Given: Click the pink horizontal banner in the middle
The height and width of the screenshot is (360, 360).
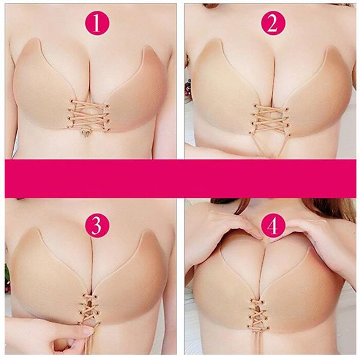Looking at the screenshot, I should [x=180, y=179].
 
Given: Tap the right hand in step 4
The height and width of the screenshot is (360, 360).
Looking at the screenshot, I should [x=318, y=228].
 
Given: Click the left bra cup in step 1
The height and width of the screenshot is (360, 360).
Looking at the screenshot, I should [x=45, y=90].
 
